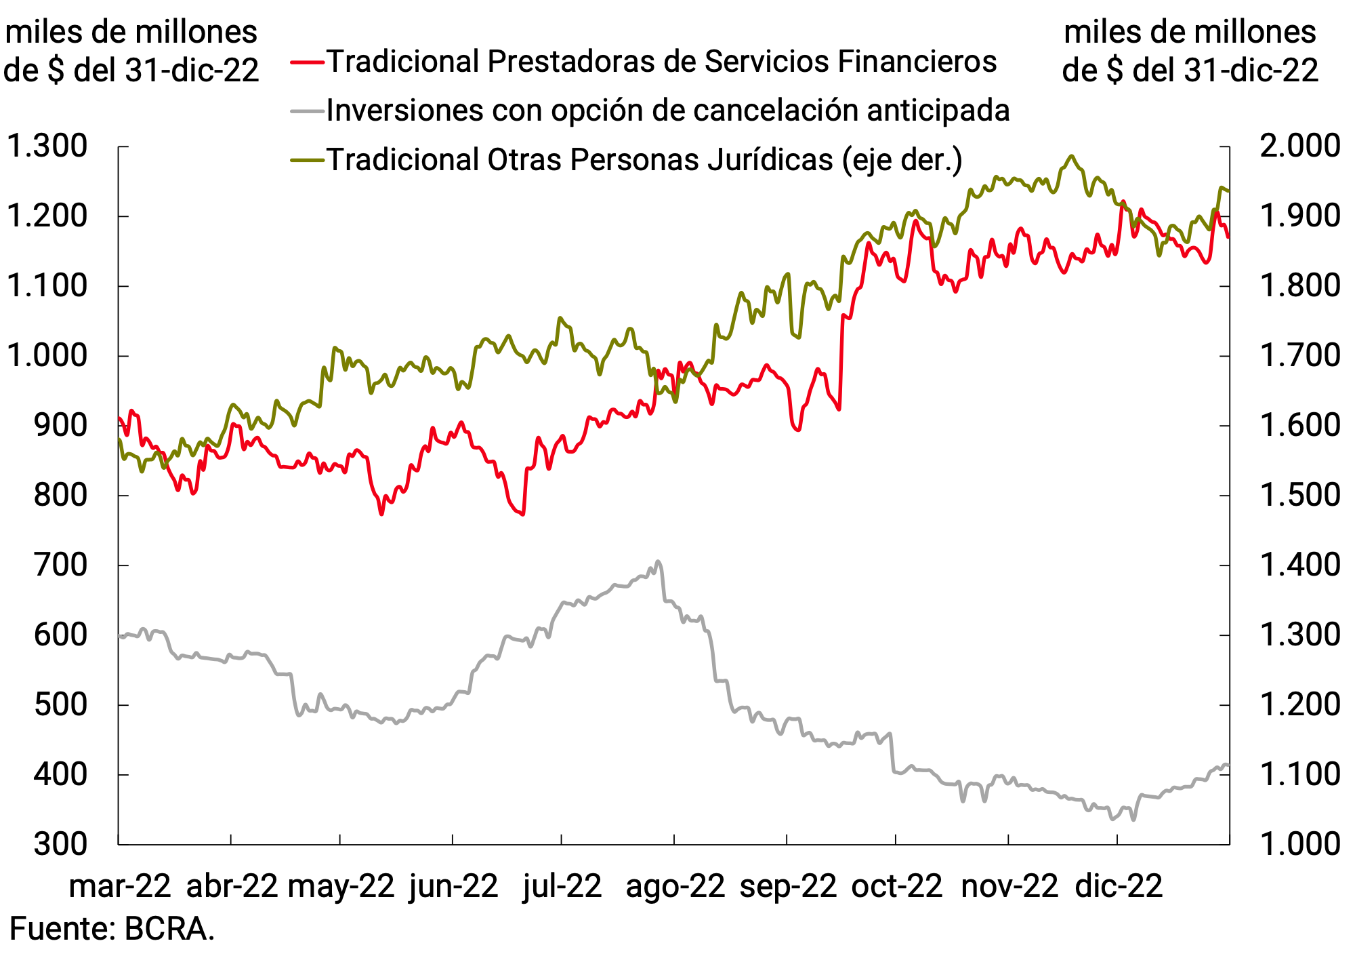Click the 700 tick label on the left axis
point(61,565)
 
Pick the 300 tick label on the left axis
point(61,844)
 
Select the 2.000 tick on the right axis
point(1299,146)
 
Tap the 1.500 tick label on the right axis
point(1299,495)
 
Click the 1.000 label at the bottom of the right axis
point(1299,844)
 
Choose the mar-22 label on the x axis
point(120,886)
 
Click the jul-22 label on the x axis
point(562,886)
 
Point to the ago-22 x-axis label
point(675,886)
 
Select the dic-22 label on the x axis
point(1119,886)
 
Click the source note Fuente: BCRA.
point(112,929)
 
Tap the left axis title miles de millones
point(131,33)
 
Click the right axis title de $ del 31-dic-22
point(1190,71)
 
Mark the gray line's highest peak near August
point(657,561)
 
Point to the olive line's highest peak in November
point(1071,156)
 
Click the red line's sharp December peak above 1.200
point(1123,201)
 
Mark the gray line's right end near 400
point(1226,765)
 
